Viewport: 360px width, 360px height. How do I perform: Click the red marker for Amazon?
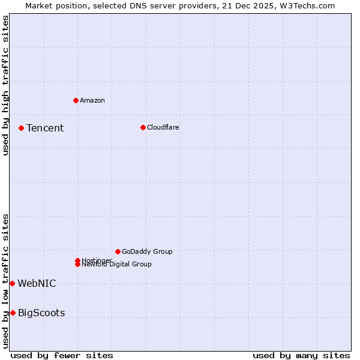point(76,100)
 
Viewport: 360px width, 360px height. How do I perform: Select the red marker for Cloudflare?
point(143,127)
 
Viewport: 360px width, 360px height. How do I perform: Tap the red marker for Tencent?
point(21,128)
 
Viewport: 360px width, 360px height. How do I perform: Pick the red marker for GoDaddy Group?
point(118,251)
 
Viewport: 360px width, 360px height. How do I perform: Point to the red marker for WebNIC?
point(12,283)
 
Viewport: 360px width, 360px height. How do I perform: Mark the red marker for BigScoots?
point(13,313)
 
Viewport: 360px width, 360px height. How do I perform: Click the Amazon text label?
point(92,100)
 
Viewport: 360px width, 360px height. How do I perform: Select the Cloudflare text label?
point(163,127)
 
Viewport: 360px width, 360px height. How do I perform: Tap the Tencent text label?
point(45,128)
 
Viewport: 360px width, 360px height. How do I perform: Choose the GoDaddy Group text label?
point(146,251)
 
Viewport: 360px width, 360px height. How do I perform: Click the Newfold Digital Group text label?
point(116,265)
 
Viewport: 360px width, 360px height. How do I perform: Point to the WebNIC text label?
point(37,283)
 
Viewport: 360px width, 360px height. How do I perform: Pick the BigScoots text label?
point(41,313)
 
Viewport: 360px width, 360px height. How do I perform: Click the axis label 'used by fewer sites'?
point(62,355)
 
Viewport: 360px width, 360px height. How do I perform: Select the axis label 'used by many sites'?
point(301,355)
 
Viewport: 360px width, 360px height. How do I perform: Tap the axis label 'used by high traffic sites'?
point(5,85)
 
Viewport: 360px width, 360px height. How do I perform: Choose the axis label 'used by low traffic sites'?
point(5,280)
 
